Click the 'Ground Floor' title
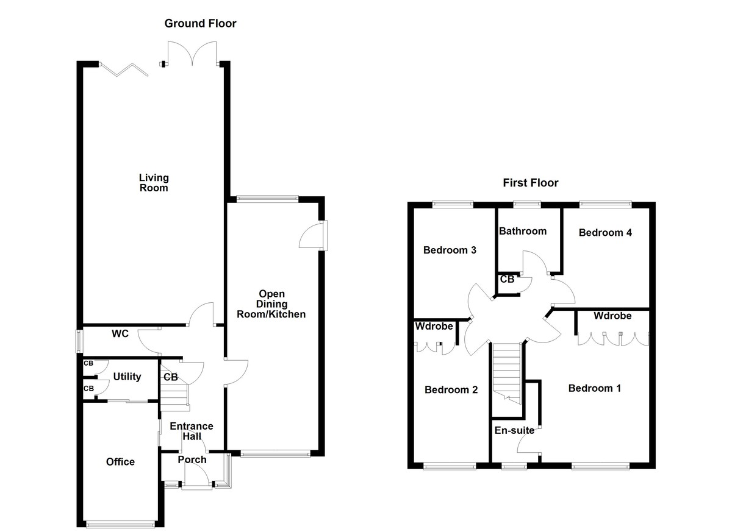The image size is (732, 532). (x=200, y=24)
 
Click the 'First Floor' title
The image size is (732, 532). (x=530, y=183)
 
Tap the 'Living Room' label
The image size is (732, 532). (x=153, y=183)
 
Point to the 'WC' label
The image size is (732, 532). (x=120, y=334)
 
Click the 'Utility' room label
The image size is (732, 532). (x=127, y=377)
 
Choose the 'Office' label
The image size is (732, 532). (x=120, y=462)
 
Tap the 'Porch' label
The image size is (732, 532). (x=192, y=459)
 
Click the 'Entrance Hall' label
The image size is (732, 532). (x=192, y=431)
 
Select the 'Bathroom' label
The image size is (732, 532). (x=523, y=231)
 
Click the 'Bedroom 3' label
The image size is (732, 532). (x=450, y=250)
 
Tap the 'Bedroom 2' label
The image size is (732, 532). (x=451, y=389)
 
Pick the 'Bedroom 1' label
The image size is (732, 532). (x=595, y=388)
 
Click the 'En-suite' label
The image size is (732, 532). (x=514, y=431)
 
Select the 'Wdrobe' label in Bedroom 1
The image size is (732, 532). (x=612, y=316)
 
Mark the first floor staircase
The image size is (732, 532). (x=508, y=372)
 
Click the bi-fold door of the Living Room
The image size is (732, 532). (x=125, y=70)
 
